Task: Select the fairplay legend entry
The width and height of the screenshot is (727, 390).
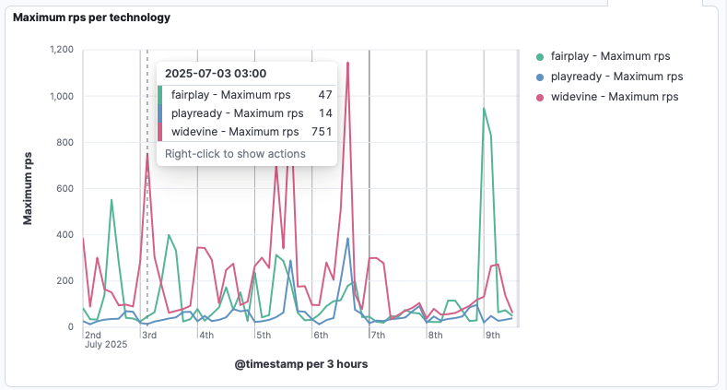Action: tap(608, 56)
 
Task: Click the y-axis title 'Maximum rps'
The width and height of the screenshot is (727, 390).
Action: tap(29, 188)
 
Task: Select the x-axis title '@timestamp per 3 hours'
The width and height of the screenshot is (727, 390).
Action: tap(301, 364)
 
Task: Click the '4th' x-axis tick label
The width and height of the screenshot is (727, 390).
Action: tap(206, 335)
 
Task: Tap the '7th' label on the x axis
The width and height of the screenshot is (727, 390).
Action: tap(378, 335)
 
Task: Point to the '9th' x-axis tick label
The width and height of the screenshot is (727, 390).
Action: tap(492, 335)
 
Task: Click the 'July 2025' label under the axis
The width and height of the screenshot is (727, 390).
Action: tap(106, 346)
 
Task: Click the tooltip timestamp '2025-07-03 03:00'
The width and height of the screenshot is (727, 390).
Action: tap(216, 74)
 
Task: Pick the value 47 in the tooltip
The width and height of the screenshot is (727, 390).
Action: tap(325, 95)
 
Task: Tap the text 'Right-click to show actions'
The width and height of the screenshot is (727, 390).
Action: tap(235, 154)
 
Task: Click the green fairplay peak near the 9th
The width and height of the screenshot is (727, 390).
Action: tap(484, 108)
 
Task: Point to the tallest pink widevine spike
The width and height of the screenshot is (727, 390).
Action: tap(347, 63)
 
